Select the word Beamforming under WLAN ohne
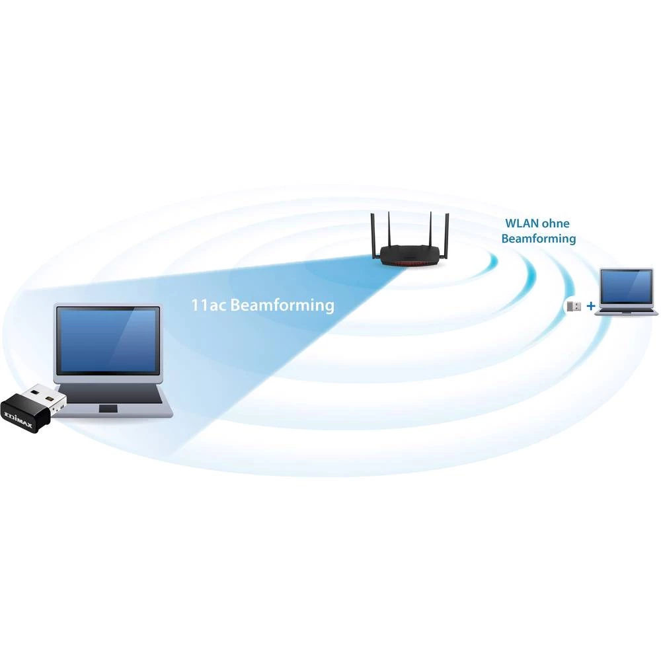tap(538, 239)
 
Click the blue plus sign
tap(590, 306)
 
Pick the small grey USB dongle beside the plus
tap(573, 306)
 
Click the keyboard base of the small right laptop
tap(625, 311)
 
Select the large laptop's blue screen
tap(107, 339)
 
